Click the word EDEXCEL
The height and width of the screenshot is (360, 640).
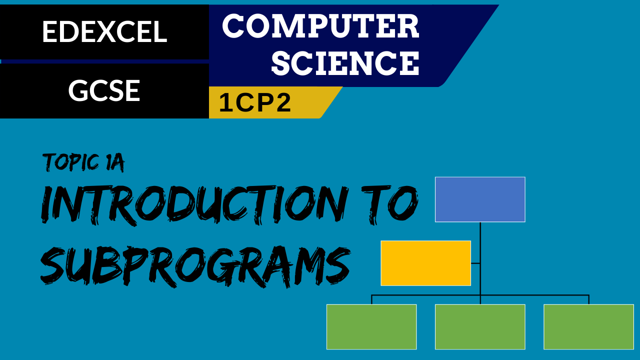(x=104, y=32)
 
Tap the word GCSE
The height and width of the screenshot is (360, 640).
(x=104, y=90)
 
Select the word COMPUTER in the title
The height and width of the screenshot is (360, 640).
(x=320, y=26)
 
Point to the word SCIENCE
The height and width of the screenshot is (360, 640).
(x=345, y=63)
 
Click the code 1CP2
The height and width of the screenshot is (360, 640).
(x=255, y=102)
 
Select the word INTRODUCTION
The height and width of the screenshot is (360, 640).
(x=194, y=205)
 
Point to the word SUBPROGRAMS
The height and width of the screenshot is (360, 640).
(x=195, y=267)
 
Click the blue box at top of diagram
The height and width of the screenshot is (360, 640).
(x=480, y=199)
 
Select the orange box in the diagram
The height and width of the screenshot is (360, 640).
(x=425, y=263)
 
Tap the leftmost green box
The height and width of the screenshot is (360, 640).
(x=371, y=327)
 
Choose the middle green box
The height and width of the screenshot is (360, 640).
(x=480, y=327)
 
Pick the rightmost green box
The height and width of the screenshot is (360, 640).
(x=588, y=327)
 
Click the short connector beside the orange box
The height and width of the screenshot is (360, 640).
(x=475, y=263)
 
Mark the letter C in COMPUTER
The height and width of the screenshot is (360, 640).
(x=235, y=26)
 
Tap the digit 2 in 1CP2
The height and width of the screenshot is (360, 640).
(x=282, y=102)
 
